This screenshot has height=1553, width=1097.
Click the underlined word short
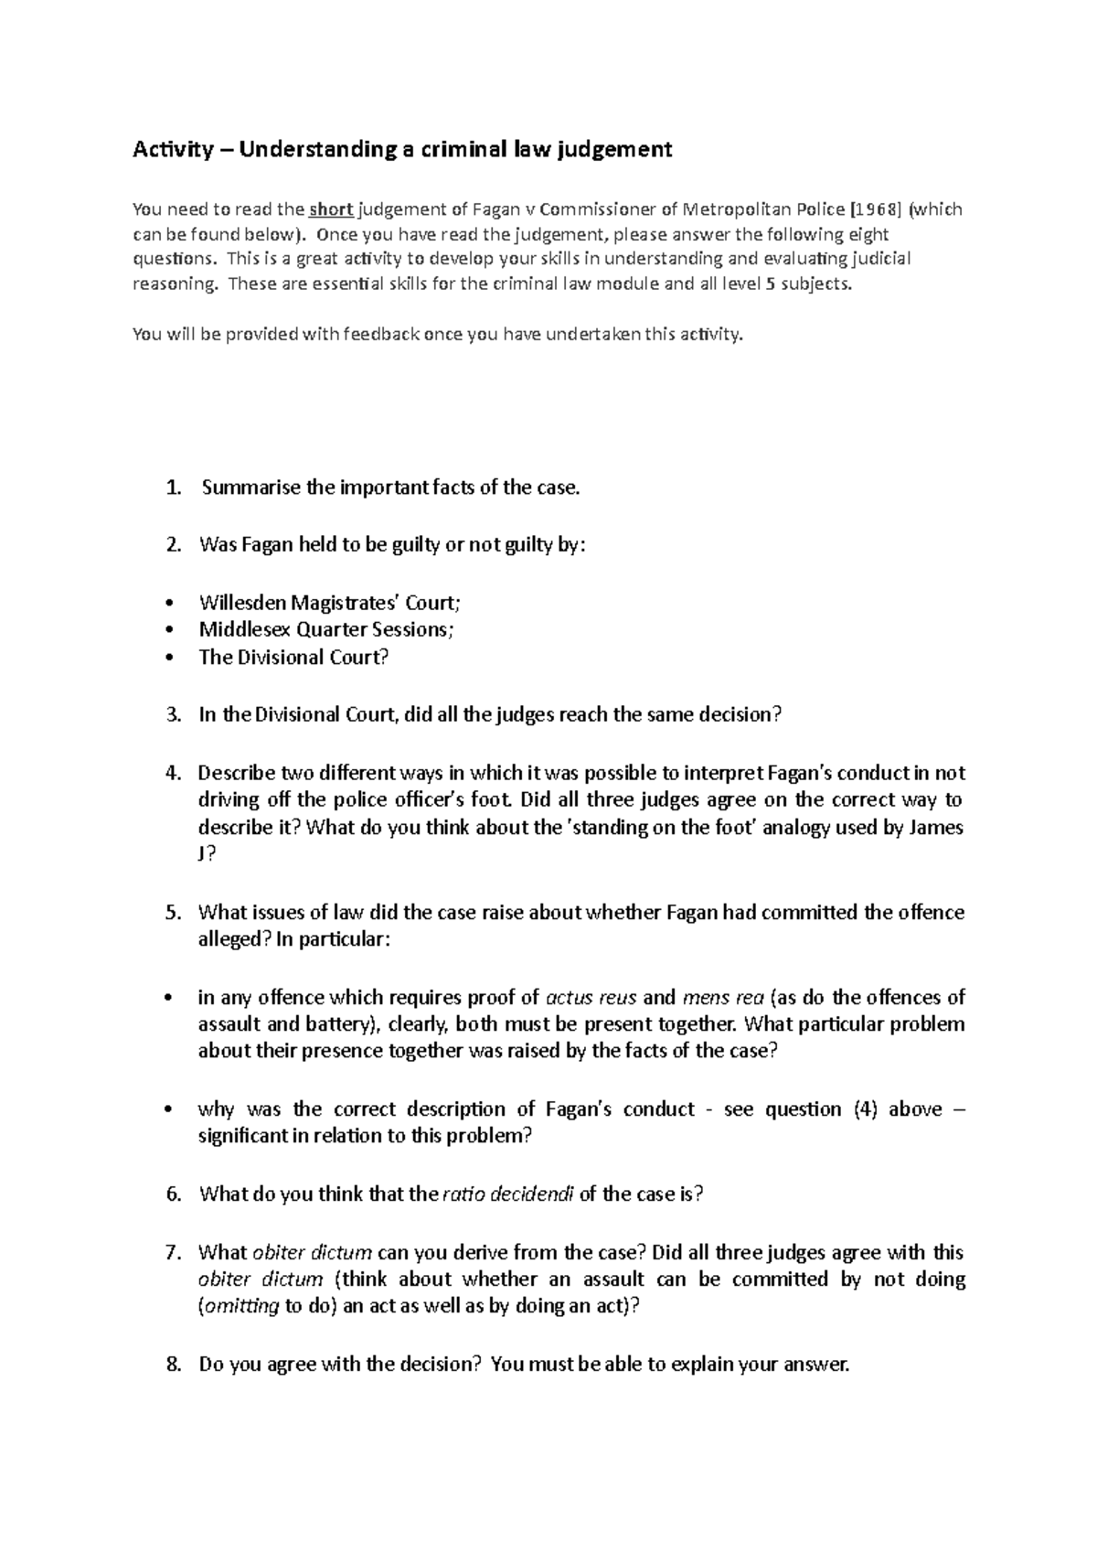pyautogui.click(x=332, y=209)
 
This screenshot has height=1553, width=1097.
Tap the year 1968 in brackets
pyautogui.click(x=878, y=209)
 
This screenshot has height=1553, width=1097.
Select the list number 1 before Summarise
pyautogui.click(x=174, y=487)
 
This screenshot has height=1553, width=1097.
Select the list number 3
pyautogui.click(x=174, y=715)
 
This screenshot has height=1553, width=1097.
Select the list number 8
pyautogui.click(x=174, y=1365)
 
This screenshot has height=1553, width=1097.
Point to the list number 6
pyautogui.click(x=174, y=1194)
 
